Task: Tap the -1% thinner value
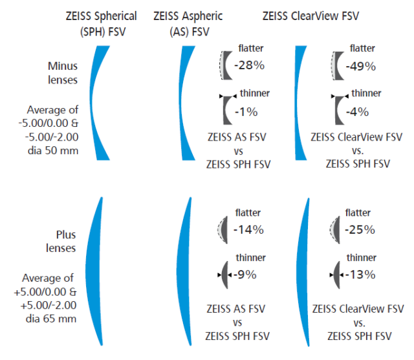[246, 111]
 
